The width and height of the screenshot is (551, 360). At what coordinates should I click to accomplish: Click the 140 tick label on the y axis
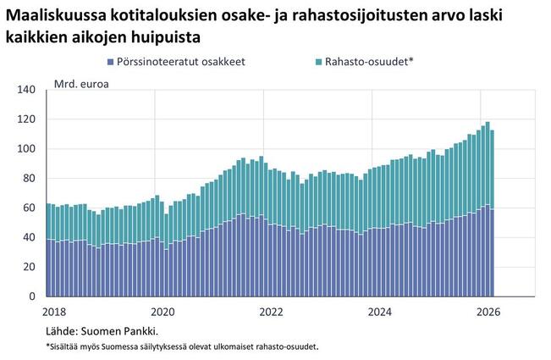(26, 90)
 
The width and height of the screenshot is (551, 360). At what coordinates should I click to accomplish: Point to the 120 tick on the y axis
(26, 119)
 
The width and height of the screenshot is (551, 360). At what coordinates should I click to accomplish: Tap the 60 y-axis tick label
(29, 208)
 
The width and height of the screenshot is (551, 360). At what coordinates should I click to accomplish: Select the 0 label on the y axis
(32, 296)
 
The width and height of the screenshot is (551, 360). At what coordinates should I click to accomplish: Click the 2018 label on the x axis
(54, 312)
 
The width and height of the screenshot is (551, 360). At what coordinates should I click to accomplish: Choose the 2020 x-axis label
(163, 312)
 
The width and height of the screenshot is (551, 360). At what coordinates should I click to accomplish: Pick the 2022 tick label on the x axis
(271, 312)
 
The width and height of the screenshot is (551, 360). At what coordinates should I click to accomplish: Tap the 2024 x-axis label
(379, 312)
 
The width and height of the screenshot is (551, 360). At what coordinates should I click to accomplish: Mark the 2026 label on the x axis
(488, 312)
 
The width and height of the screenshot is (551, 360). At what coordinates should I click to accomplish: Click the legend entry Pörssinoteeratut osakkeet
(176, 62)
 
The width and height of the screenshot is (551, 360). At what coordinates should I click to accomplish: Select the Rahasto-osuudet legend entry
(365, 62)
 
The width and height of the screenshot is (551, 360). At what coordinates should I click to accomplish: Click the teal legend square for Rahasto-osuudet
(319, 62)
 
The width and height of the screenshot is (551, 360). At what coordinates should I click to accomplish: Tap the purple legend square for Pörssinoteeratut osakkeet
(110, 62)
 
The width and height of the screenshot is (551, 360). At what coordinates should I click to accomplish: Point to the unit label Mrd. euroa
(81, 85)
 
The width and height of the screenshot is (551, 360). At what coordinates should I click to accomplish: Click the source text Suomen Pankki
(119, 331)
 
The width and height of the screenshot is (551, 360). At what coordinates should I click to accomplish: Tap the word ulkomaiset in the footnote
(238, 347)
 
